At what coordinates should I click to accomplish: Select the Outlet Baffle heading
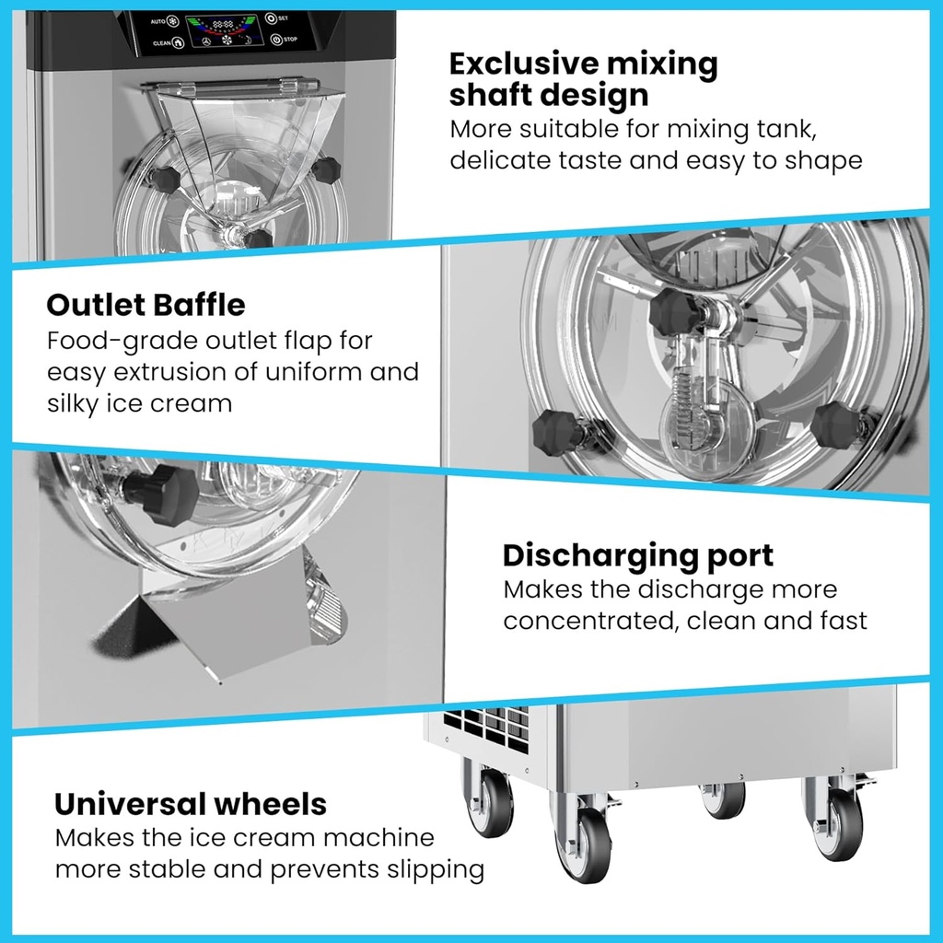tap(146, 305)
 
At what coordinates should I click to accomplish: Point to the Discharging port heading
tap(637, 555)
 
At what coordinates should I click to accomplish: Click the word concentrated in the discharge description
tap(589, 621)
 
